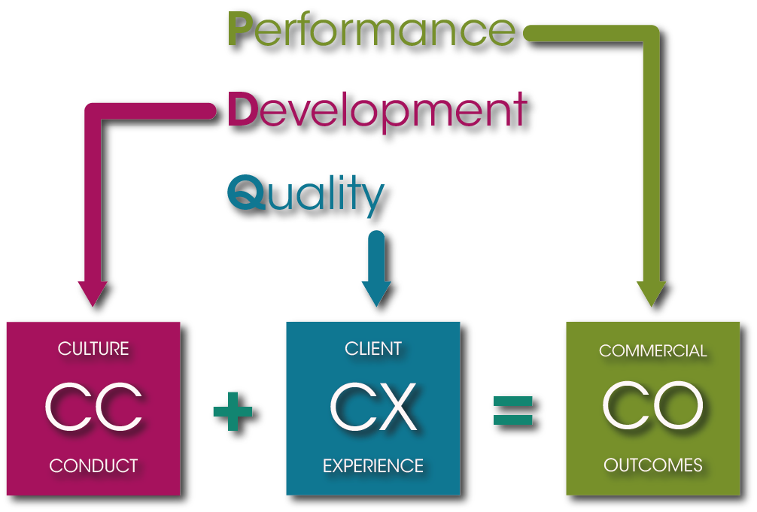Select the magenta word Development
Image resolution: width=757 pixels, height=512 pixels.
coord(376,111)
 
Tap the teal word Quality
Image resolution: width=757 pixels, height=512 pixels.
coord(305,193)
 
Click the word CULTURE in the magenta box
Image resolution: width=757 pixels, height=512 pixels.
coord(93,350)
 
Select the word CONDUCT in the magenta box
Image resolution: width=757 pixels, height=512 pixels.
coord(93,466)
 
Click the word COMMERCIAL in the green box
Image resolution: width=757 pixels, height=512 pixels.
coord(652,351)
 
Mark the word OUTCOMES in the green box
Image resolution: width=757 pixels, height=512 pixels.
coord(652,466)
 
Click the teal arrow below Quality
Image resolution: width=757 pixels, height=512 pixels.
coord(376,274)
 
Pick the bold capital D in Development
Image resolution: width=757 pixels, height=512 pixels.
coord(242,111)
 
